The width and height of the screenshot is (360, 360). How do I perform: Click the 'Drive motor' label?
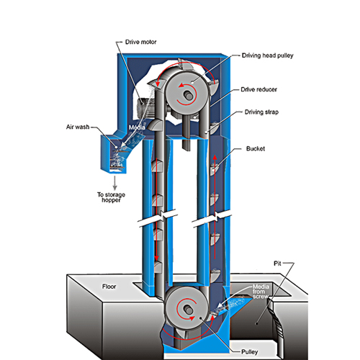point(140,42)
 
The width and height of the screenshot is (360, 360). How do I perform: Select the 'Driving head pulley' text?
point(267,55)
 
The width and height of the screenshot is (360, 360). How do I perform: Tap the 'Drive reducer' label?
point(258,89)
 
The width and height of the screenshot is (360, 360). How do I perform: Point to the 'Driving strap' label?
point(261,112)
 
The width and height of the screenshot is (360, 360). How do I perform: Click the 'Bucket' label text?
point(256,149)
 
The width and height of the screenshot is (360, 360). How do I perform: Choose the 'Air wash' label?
point(78,127)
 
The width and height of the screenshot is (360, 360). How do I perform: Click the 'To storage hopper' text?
point(111,197)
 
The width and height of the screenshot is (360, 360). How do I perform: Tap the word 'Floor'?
point(109,287)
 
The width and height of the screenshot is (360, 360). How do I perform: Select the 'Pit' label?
point(277,264)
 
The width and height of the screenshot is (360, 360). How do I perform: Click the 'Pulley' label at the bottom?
point(250,352)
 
